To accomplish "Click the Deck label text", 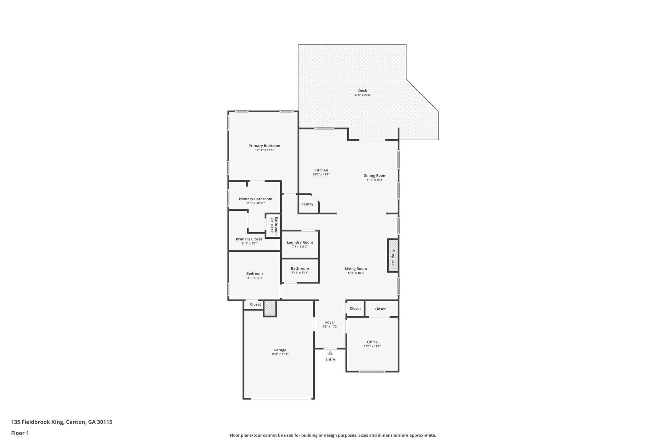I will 362,91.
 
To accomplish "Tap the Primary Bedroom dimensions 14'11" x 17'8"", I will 264,150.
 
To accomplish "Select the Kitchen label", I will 321,170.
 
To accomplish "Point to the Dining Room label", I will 375,175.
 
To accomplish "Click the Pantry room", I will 307,204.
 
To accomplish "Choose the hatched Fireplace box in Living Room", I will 393,255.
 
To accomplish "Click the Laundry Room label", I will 300,242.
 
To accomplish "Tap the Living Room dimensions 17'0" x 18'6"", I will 356,273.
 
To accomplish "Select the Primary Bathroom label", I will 255,199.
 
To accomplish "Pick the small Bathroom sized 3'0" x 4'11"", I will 273,225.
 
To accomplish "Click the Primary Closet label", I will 249,239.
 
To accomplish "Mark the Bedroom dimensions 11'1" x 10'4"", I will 254,278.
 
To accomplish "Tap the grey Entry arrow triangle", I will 330,353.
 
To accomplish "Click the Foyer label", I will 330,322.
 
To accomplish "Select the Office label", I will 372,342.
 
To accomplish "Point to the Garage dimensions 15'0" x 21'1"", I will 280,354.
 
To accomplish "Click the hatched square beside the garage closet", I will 270,308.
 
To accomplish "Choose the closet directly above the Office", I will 380,309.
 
